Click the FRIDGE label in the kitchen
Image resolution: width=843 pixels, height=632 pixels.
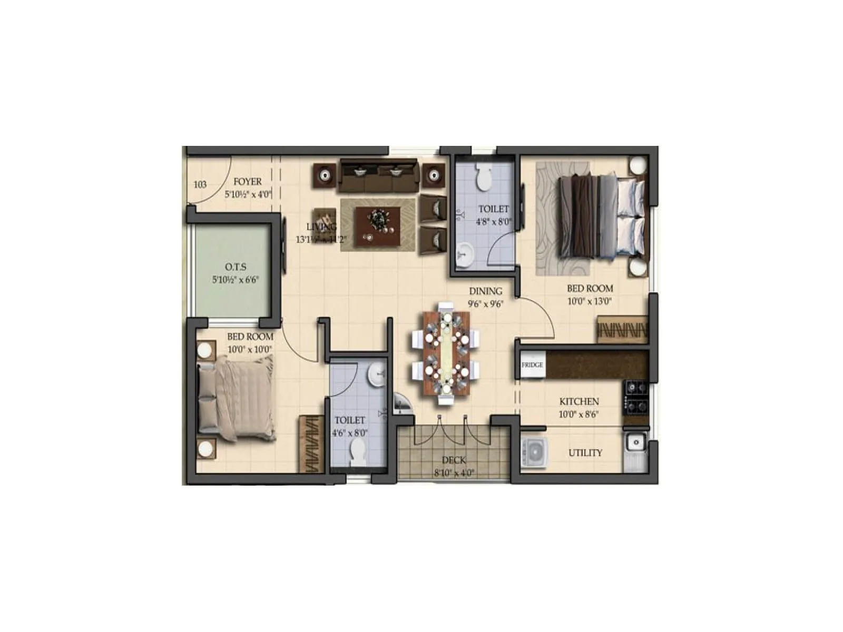[532, 364]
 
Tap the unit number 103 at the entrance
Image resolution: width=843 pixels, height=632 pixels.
[200, 184]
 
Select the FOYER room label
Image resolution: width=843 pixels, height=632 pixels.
[248, 182]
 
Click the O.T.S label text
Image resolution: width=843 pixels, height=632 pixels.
[236, 267]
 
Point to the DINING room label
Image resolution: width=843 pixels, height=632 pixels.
[486, 291]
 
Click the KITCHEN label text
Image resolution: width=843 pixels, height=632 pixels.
[579, 401]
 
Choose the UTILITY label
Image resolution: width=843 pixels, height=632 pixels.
[585, 453]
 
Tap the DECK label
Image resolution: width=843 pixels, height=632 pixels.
[454, 460]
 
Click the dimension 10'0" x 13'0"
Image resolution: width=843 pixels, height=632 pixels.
[590, 302]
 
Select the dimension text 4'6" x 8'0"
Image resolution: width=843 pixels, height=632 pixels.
[350, 433]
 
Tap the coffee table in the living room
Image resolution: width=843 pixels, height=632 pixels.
[378, 226]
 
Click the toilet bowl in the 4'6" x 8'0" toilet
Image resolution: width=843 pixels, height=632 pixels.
[358, 452]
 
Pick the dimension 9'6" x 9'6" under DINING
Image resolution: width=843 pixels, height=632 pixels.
[486, 304]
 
